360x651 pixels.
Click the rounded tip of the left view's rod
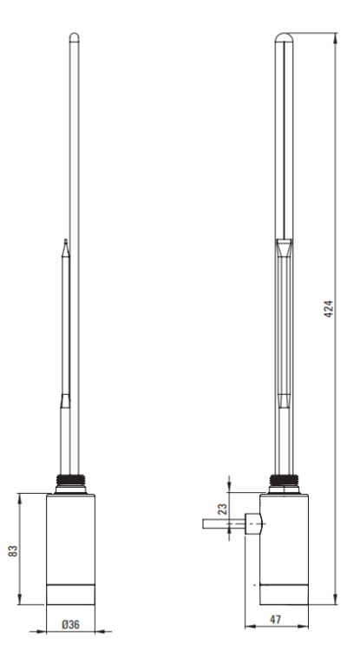[74, 36]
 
